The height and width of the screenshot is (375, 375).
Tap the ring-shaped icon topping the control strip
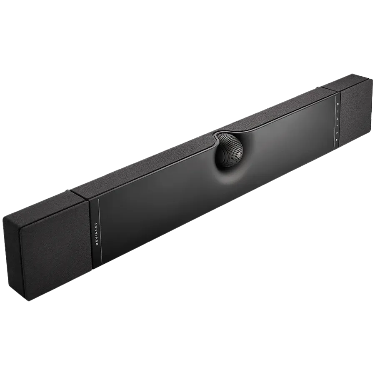338,103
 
